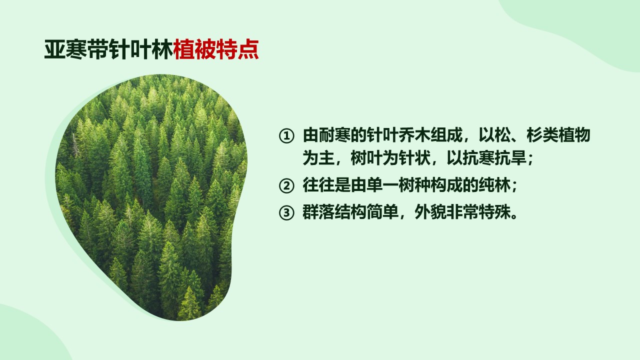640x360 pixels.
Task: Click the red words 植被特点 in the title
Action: (216, 49)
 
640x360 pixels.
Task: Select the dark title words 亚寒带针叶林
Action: (108, 49)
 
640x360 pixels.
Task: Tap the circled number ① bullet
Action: (286, 136)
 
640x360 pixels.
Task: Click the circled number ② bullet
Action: (286, 186)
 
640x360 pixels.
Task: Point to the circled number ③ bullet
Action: (286, 213)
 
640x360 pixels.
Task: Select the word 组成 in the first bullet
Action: (446, 135)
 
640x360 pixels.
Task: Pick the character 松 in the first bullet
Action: (502, 135)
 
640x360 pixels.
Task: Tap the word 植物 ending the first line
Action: (574, 135)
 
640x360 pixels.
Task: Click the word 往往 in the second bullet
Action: (318, 185)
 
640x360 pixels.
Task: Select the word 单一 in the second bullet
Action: (382, 185)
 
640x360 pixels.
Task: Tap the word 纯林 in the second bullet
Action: (494, 185)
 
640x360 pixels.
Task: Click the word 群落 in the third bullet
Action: (318, 212)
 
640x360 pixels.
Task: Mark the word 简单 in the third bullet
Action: (382, 212)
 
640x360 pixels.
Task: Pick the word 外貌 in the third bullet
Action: (430, 212)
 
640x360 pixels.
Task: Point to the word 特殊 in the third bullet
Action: (494, 212)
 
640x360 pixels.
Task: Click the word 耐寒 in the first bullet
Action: (334, 135)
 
